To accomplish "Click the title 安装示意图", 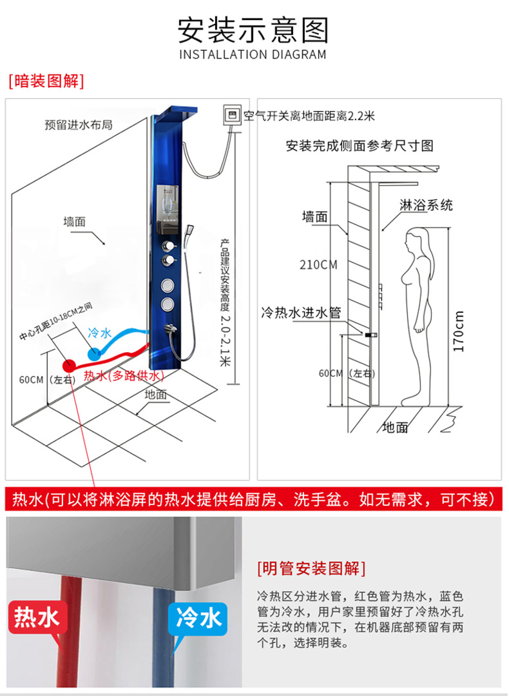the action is click(x=253, y=30).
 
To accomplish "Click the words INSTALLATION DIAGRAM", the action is click(x=253, y=55).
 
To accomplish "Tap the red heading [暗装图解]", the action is click(x=46, y=81).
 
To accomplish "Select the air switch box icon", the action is click(x=233, y=116).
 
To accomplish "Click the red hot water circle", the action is click(x=68, y=366).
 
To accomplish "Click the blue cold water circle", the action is click(x=95, y=353).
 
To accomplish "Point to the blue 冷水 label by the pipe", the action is click(x=101, y=332).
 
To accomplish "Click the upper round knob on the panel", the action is click(x=168, y=246).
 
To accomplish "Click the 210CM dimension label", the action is click(x=318, y=265).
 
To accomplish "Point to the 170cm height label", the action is click(x=459, y=331).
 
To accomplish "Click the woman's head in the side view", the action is click(x=417, y=243).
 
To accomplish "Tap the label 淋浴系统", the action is click(x=426, y=205).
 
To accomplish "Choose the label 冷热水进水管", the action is click(x=301, y=313).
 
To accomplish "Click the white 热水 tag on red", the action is click(x=37, y=617).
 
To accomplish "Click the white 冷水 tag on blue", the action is click(x=198, y=617).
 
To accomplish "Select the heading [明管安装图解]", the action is click(x=312, y=568).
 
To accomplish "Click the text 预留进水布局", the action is click(x=79, y=124).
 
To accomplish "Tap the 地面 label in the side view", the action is click(x=395, y=428).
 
